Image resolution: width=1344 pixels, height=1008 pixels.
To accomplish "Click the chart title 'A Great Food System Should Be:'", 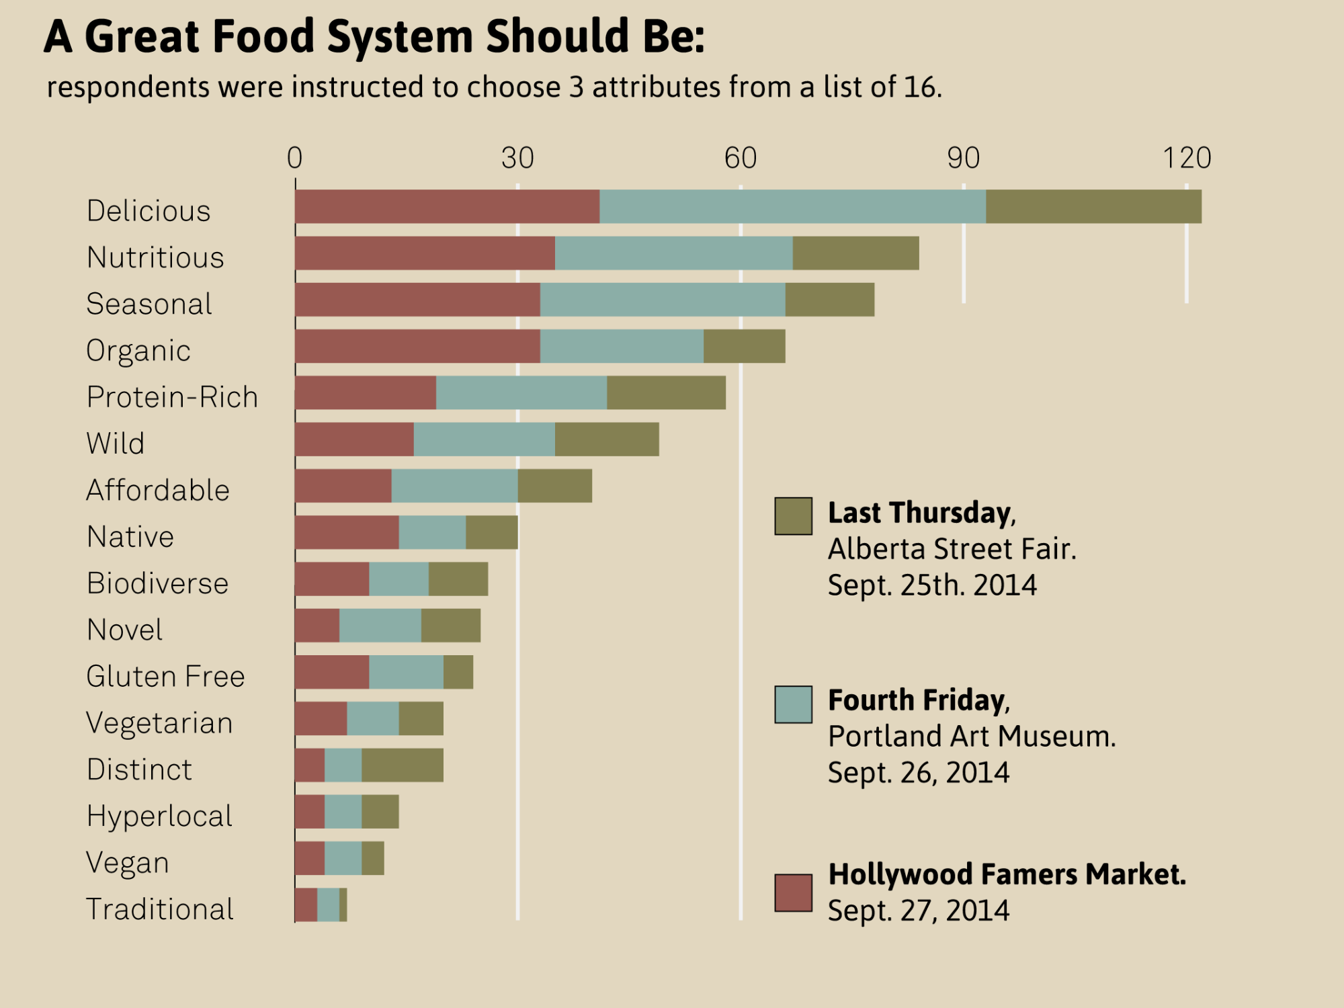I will click(374, 36).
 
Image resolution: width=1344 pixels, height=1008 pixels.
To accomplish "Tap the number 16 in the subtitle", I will click(919, 87).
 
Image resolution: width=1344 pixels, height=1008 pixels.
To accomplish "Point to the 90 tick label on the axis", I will click(963, 159).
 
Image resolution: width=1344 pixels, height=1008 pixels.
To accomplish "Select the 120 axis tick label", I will click(1187, 159).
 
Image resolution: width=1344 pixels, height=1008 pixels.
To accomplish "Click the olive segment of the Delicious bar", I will click(1093, 206).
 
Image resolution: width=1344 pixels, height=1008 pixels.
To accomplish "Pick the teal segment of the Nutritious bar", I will click(673, 253).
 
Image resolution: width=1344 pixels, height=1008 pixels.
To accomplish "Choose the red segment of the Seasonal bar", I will click(417, 300).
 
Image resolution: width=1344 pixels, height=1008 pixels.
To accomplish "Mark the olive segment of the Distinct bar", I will click(402, 765).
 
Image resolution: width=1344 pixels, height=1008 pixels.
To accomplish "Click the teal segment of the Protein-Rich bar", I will click(521, 393).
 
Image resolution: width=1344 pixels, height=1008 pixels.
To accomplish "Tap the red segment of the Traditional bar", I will click(306, 905).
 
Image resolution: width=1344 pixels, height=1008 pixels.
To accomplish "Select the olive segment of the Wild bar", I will click(607, 439).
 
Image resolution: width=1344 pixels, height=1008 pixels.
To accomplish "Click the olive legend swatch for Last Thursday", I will click(793, 516).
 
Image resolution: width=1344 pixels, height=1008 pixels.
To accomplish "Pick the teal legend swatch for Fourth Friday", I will click(793, 704).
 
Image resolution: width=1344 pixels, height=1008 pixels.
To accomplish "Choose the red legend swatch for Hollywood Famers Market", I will click(793, 893).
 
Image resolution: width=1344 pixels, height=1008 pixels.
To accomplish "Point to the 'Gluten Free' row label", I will click(165, 677).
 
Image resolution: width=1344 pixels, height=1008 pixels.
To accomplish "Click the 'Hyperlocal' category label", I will click(159, 816).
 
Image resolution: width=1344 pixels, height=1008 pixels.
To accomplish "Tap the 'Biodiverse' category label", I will click(157, 583).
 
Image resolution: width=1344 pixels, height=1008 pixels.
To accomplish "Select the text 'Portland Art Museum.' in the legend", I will click(972, 737).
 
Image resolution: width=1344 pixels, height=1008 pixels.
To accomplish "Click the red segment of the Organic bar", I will click(417, 346).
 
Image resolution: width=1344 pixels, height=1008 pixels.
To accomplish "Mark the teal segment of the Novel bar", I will click(380, 626).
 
